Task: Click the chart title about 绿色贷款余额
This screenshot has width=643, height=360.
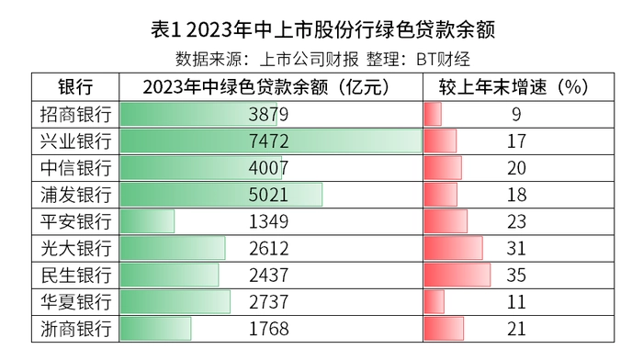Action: (322, 29)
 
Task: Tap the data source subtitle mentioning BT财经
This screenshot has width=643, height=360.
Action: (322, 60)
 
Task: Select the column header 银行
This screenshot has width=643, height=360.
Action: (75, 87)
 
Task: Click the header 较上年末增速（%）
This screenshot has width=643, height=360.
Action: (513, 87)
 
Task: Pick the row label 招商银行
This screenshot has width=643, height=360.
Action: (76, 115)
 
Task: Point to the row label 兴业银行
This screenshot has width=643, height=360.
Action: (76, 141)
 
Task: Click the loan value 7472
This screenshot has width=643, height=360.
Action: (269, 141)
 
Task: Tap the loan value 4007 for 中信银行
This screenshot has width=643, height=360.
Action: (269, 168)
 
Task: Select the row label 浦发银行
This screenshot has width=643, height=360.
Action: (76, 195)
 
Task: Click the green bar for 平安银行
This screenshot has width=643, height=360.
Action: (147, 221)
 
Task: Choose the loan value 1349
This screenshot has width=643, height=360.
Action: (269, 222)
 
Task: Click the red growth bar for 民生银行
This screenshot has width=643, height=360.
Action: (457, 276)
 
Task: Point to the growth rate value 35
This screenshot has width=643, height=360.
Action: (516, 276)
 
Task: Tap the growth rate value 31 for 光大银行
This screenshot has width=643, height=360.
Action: (516, 249)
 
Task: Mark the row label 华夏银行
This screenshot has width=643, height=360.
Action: (76, 302)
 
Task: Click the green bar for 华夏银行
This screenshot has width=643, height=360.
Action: (175, 302)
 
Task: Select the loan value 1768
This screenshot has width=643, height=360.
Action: (269, 329)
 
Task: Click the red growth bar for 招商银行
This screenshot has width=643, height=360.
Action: (433, 115)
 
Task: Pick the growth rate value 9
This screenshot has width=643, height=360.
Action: (516, 115)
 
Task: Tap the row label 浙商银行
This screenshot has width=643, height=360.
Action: (76, 329)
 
